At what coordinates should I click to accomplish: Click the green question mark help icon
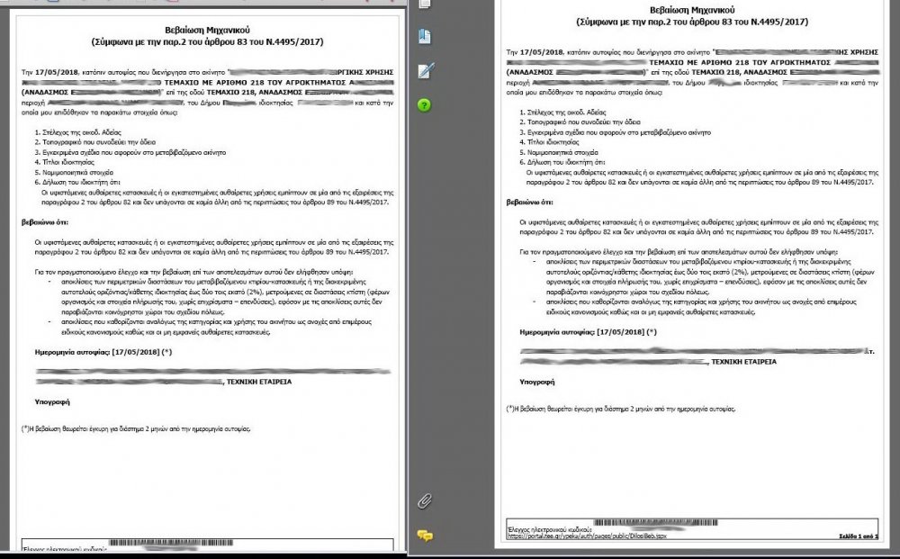pyautogui.click(x=425, y=104)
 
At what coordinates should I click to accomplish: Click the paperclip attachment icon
pyautogui.click(x=425, y=500)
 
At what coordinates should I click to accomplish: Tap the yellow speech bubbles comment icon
pyautogui.click(x=425, y=536)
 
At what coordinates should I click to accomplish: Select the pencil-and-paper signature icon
pyautogui.click(x=426, y=70)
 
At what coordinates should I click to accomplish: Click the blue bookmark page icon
pyautogui.click(x=425, y=36)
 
